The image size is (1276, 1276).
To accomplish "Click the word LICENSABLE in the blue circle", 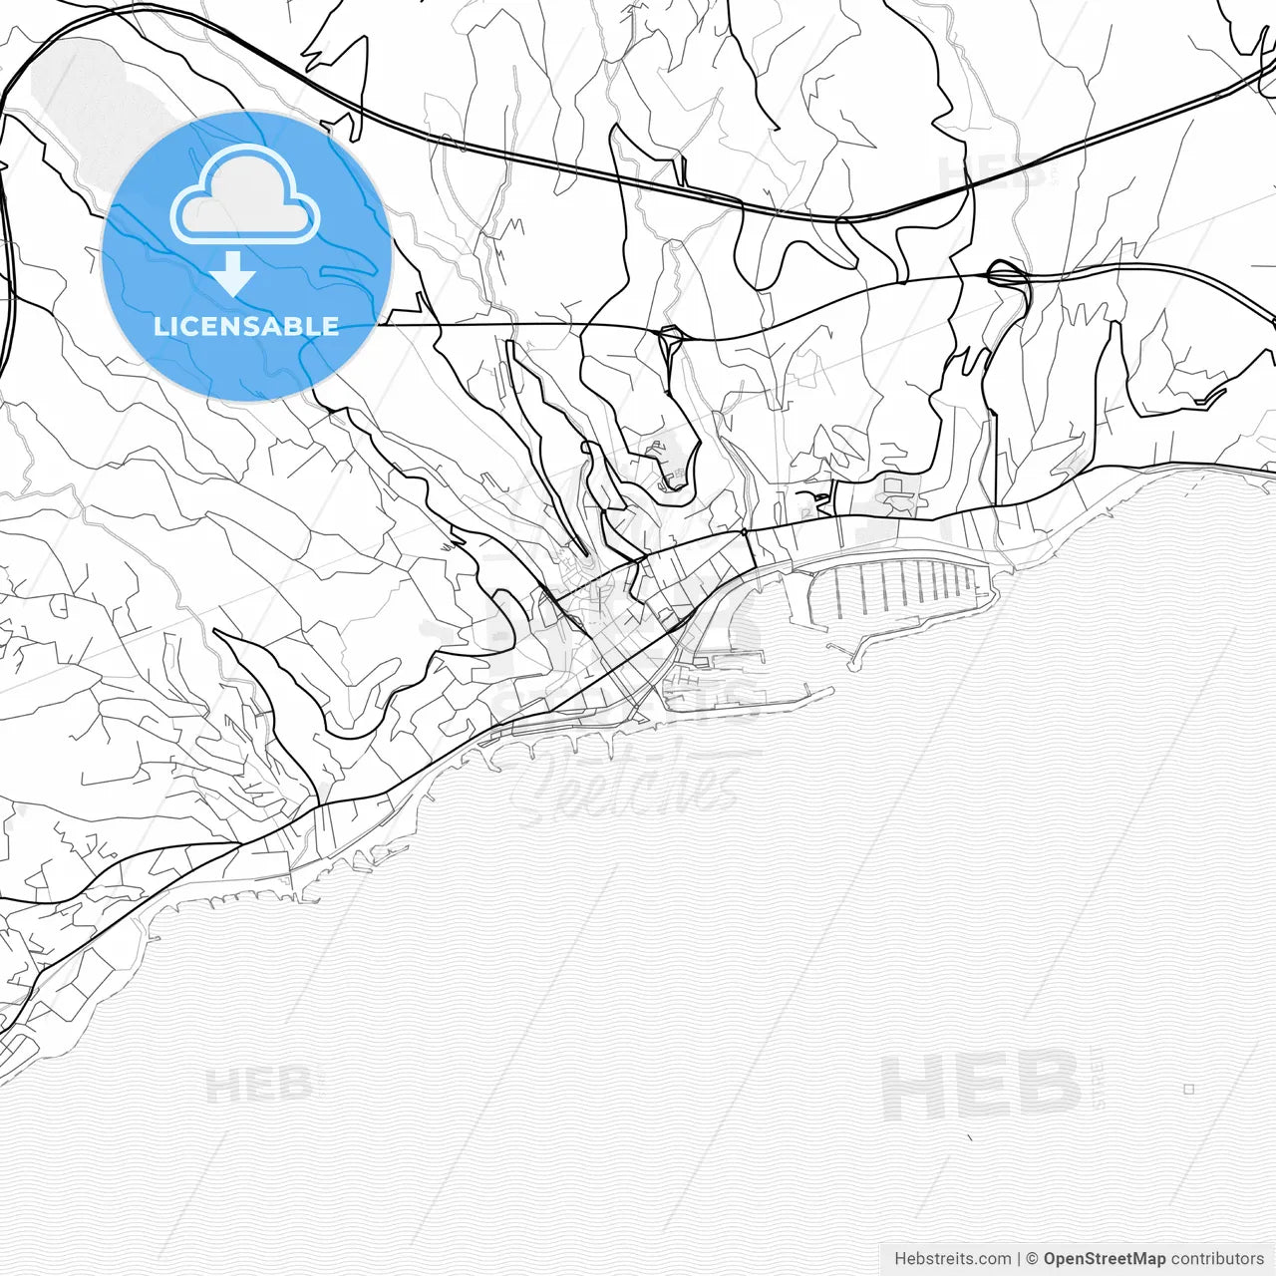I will click(246, 326).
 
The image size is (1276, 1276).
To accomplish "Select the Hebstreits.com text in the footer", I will click(952, 1259).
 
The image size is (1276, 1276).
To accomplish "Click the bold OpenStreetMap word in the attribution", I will click(1104, 1259).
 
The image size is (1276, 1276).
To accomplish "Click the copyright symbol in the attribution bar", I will click(1032, 1259).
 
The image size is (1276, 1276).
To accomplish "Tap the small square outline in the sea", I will click(1188, 1089).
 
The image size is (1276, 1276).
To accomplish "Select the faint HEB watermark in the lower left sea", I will click(259, 1085).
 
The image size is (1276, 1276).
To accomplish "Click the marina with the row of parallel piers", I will click(897, 588).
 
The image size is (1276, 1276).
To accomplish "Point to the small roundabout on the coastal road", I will click(744, 532).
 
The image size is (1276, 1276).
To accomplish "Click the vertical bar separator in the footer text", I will click(1019, 1259).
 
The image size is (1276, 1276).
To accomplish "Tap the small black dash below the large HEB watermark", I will click(969, 1137).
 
